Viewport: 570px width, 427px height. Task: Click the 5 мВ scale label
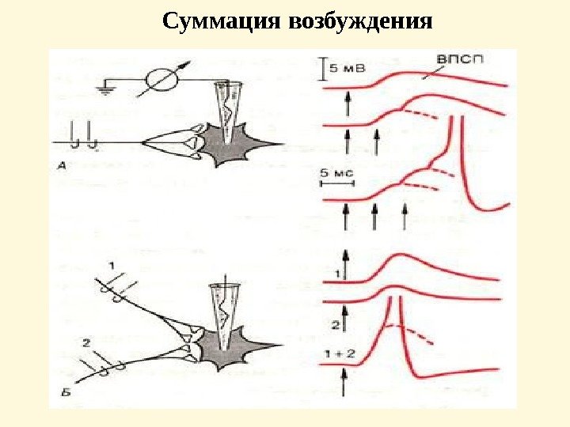click(347, 69)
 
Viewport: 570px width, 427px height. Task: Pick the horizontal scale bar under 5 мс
click(336, 182)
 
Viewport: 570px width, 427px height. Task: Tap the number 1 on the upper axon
click(112, 263)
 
